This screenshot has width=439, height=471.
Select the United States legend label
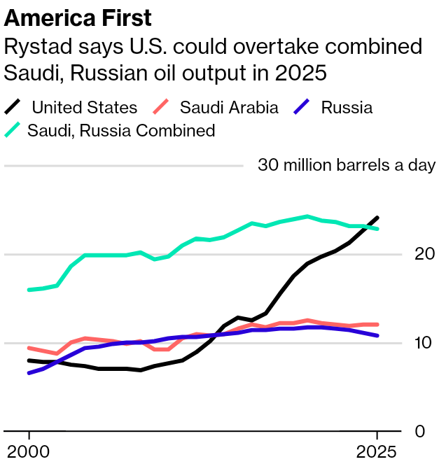coord(84,108)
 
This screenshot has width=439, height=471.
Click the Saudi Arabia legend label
coord(229,108)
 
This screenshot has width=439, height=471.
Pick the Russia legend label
coord(347,108)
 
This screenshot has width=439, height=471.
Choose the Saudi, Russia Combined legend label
coord(121,130)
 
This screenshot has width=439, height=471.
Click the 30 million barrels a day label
coord(347,166)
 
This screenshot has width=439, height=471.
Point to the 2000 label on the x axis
coord(29,451)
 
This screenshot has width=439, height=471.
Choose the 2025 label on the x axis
coord(377,451)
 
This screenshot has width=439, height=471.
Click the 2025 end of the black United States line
coord(377,218)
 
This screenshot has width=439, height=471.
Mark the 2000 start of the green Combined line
coord(29,290)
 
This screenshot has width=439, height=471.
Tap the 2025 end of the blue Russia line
coord(377,336)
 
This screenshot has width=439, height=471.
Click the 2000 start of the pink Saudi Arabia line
coord(29,348)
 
